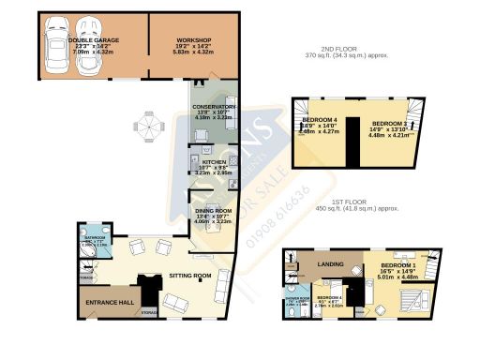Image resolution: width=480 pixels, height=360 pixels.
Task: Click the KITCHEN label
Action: point(215,161)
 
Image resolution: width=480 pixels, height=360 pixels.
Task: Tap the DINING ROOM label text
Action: point(213,211)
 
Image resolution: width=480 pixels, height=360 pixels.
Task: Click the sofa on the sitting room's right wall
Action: point(224,279)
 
